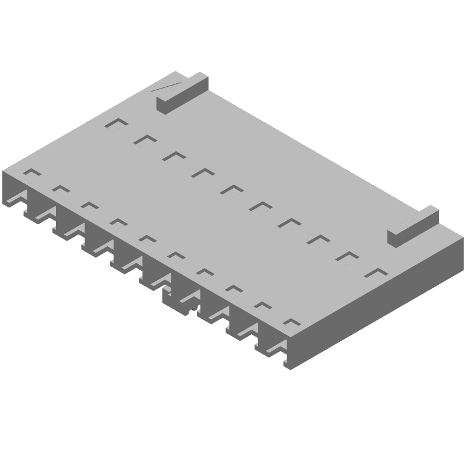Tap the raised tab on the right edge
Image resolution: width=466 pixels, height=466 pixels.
coord(413,225)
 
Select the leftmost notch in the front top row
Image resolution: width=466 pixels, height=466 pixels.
coord(32,172)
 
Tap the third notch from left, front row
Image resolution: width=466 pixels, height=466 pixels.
coord(89,206)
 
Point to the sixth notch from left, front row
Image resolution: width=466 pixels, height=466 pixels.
coord(175,255)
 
